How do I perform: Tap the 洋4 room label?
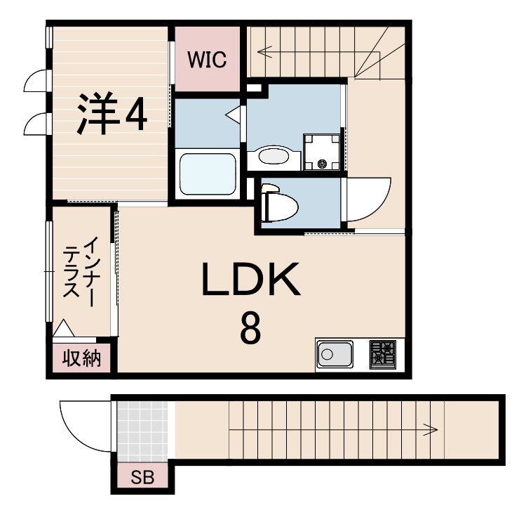click(x=112, y=114)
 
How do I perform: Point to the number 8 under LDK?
click(x=251, y=327)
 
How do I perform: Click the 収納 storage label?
click(x=83, y=359)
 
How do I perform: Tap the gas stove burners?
click(x=383, y=354)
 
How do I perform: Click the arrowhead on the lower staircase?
click(x=434, y=429)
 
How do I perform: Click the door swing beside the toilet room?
click(x=370, y=198)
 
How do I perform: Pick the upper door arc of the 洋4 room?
click(x=35, y=83)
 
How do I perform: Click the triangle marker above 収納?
click(x=64, y=329)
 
